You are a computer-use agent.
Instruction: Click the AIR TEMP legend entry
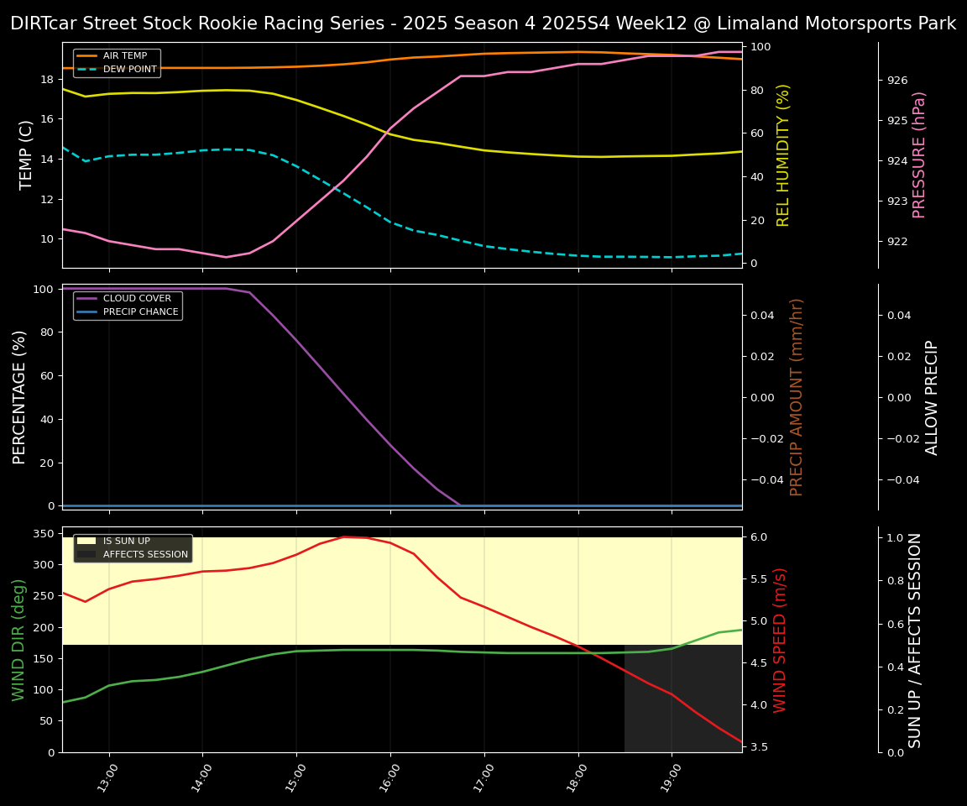(x=124, y=56)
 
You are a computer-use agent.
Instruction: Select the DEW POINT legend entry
(x=129, y=69)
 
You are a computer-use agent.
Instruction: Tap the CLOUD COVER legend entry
(x=137, y=299)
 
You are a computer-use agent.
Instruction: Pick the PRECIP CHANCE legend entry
(x=140, y=312)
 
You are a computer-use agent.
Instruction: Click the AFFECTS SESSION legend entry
(x=145, y=555)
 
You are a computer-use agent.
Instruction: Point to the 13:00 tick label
(x=104, y=777)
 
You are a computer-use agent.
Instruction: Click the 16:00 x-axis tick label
(x=385, y=777)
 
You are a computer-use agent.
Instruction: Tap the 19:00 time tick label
(x=666, y=777)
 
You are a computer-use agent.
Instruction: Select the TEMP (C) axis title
(x=26, y=154)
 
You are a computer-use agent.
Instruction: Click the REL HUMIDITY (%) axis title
(x=783, y=154)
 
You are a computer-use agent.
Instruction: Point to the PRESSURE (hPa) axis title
(x=919, y=154)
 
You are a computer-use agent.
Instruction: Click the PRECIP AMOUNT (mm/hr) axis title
(x=797, y=396)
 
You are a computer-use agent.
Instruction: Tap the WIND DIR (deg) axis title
(x=18, y=640)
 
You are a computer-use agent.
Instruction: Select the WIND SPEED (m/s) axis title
(x=780, y=640)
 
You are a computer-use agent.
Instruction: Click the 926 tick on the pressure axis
(x=897, y=81)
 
